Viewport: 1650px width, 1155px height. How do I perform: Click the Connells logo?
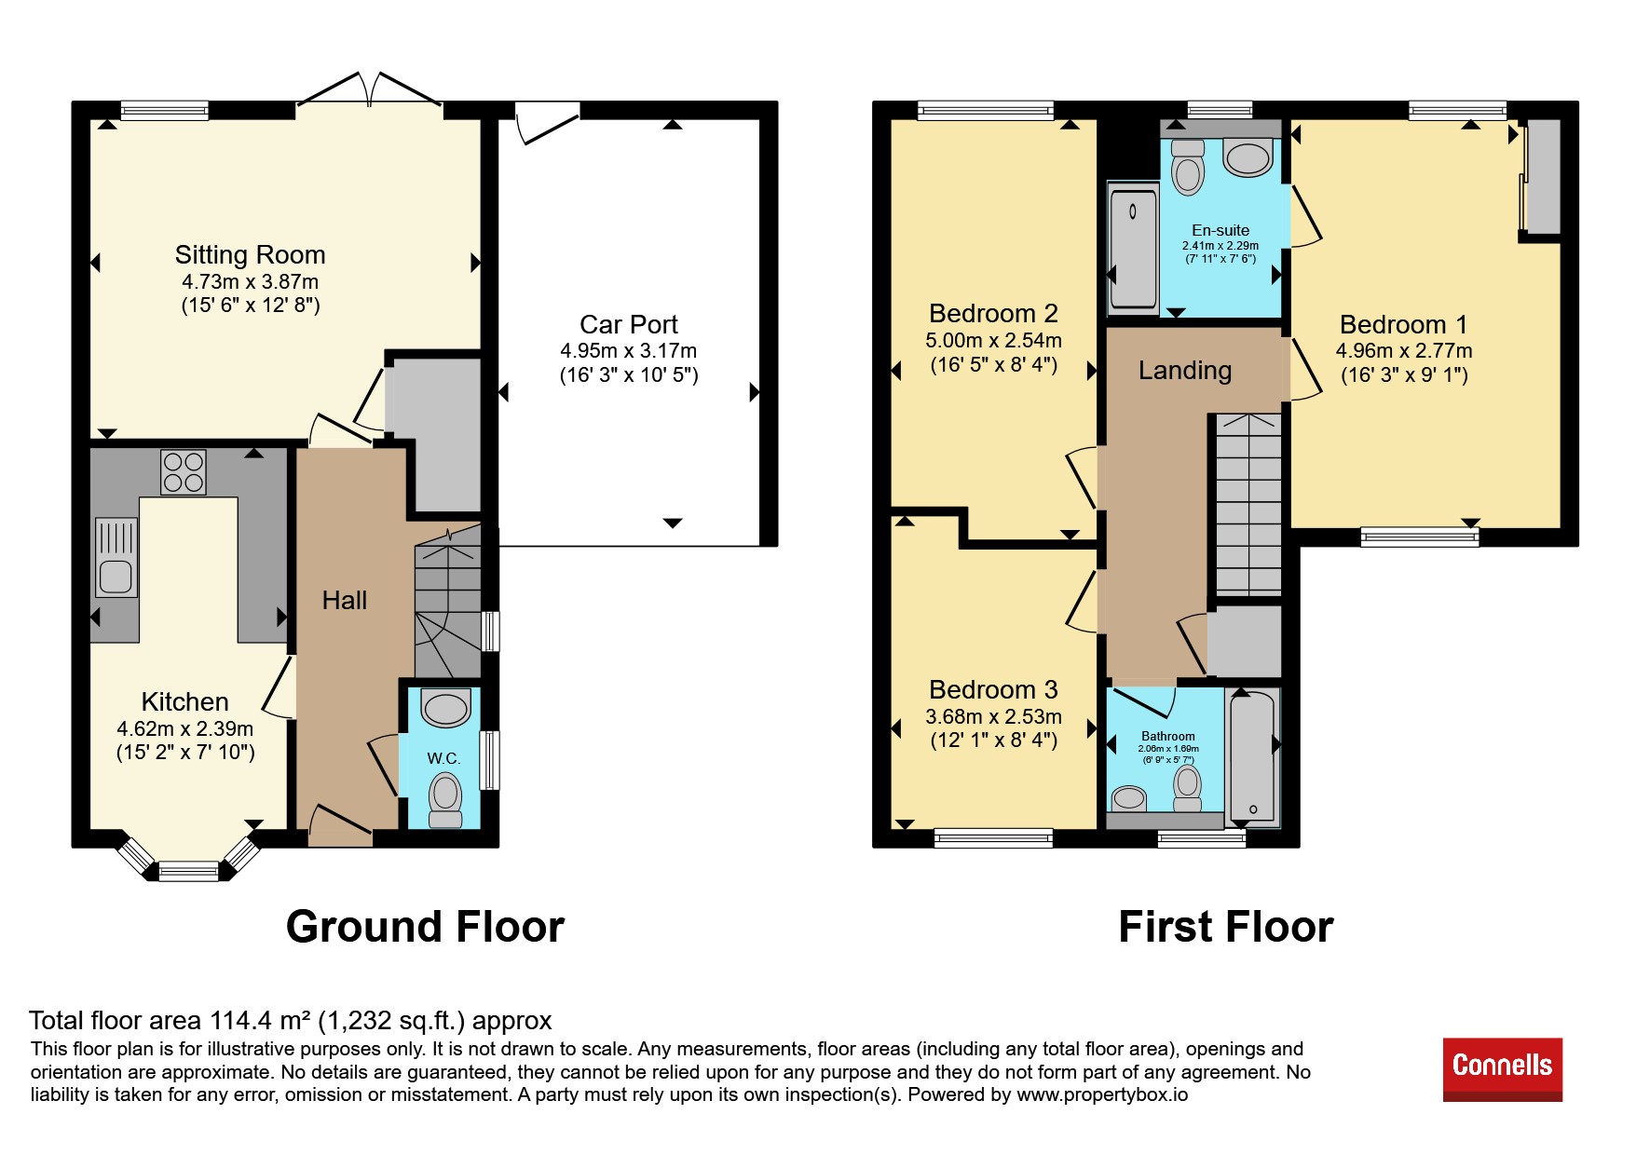click(x=1502, y=1068)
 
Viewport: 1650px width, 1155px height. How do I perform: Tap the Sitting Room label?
click(x=250, y=254)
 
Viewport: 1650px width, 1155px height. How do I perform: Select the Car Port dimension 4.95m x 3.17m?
click(x=628, y=351)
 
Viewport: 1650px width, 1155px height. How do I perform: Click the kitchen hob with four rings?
click(x=183, y=472)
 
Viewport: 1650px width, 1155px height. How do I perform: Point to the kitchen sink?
click(x=116, y=557)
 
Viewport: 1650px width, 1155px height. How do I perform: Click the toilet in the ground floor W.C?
click(x=445, y=801)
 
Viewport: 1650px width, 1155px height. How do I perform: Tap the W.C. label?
click(x=443, y=758)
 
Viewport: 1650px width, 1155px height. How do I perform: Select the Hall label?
click(x=345, y=601)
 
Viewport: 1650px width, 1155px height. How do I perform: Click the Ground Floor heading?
click(x=425, y=927)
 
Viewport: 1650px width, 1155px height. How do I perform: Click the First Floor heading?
click(x=1225, y=927)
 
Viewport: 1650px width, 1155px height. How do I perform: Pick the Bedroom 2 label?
click(x=993, y=313)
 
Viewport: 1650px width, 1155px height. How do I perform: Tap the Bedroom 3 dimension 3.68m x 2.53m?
click(x=993, y=716)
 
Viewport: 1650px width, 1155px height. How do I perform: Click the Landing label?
click(x=1185, y=371)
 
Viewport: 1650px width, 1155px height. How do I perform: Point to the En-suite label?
click(x=1220, y=230)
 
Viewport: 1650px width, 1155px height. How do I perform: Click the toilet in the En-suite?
click(x=1188, y=168)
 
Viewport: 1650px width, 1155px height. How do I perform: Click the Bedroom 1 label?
click(x=1403, y=324)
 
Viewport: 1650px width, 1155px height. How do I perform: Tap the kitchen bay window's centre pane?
click(x=188, y=872)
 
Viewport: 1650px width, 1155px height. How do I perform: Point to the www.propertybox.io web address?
click(x=1102, y=1094)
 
